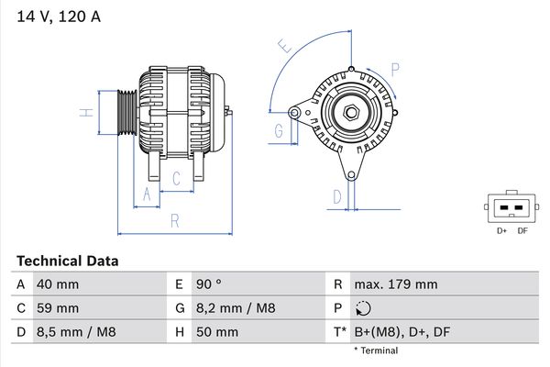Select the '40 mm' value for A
[x=56, y=284]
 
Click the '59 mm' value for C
[x=56, y=308]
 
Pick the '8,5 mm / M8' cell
[x=75, y=332]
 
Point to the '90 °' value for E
[x=208, y=284]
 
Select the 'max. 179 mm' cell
[x=398, y=284]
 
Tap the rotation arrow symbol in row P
[x=365, y=308]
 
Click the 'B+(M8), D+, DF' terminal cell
[x=402, y=332]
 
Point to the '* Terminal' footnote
[x=376, y=350]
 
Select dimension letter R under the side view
[x=173, y=221]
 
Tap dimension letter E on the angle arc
[x=284, y=46]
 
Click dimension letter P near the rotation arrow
[x=395, y=68]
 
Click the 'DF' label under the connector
[x=522, y=230]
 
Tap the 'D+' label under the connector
[x=501, y=230]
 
